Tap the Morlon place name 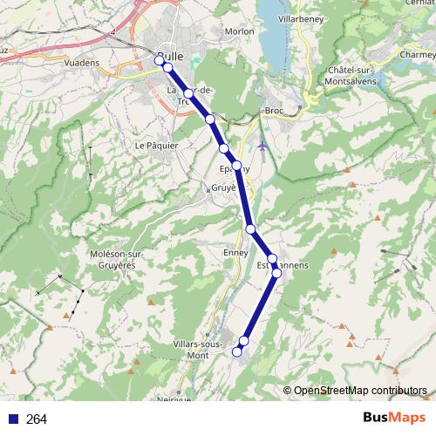point(240,31)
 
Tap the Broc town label point(274,112)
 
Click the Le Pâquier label point(156,145)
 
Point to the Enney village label point(235,252)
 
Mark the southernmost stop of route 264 point(237,351)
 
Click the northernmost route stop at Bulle point(160,59)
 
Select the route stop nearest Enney point(251,229)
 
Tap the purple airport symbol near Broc point(262,145)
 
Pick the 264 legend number point(37,419)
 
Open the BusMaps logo point(394,419)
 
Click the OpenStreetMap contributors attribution point(360,391)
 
